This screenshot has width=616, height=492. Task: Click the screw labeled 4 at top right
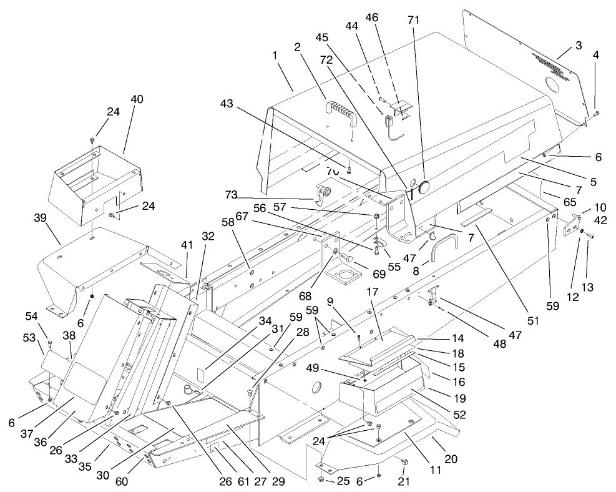[x=597, y=113]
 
